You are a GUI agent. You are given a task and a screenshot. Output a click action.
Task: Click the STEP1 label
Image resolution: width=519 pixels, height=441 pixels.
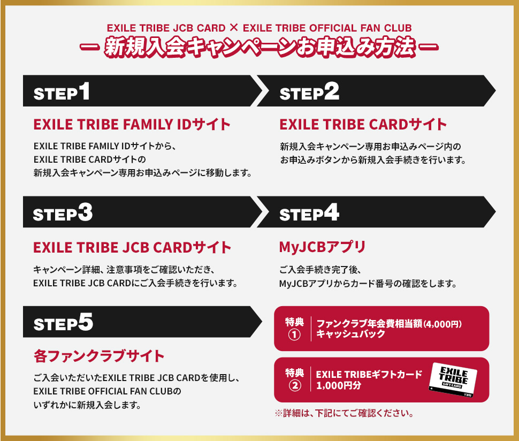[62, 92]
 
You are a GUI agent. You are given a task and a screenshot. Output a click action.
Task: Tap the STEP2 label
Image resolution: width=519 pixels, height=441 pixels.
[309, 92]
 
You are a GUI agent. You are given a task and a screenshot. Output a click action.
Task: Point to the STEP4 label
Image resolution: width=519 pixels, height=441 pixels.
[309, 213]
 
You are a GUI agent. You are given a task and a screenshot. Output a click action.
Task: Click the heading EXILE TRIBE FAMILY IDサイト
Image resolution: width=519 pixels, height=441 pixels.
[132, 125]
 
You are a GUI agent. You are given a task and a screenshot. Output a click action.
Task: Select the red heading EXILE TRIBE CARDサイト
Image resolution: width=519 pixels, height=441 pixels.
[363, 125]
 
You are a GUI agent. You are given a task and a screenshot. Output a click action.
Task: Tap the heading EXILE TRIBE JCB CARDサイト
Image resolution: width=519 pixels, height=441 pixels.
[132, 247]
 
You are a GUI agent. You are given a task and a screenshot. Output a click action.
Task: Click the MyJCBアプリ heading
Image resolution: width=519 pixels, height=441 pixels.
[322, 247]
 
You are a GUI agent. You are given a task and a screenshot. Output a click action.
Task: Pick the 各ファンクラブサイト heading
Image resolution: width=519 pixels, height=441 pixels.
[99, 355]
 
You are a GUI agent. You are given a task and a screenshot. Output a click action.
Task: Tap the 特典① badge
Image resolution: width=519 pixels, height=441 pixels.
[294, 329]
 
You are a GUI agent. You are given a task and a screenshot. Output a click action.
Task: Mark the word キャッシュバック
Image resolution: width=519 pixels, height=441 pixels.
[350, 334]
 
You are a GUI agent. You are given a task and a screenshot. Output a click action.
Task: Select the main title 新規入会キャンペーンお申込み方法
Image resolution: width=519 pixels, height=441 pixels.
[259, 47]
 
